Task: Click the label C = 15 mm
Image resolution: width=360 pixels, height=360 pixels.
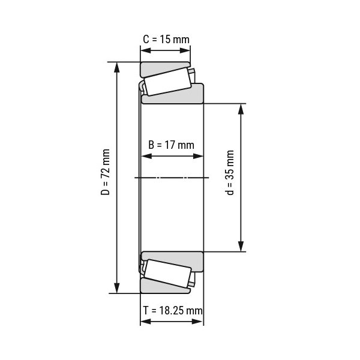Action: (x=166, y=40)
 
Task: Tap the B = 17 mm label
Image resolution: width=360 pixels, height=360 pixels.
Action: (x=171, y=144)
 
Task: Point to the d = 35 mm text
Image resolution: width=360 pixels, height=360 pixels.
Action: (x=231, y=174)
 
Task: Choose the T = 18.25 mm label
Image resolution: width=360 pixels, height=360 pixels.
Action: (x=173, y=310)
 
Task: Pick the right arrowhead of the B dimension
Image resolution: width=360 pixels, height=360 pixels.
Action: (x=200, y=157)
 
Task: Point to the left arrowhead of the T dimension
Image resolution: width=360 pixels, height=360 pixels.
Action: (x=145, y=323)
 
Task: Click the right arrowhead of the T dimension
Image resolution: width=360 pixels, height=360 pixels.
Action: (x=200, y=323)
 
